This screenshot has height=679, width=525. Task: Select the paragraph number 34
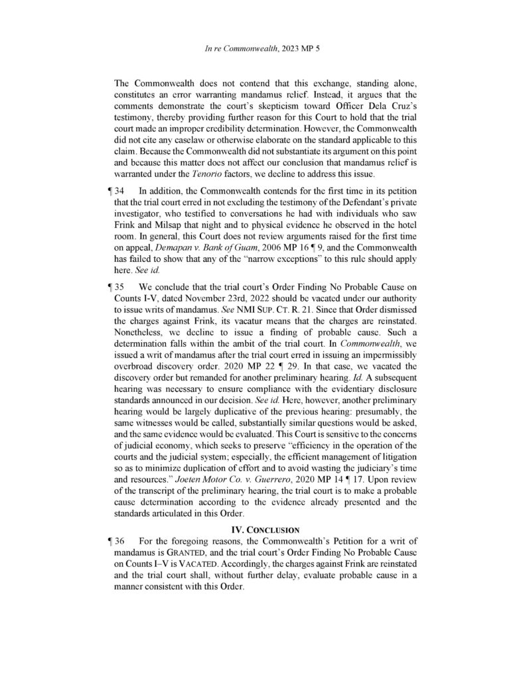[x=120, y=191]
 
